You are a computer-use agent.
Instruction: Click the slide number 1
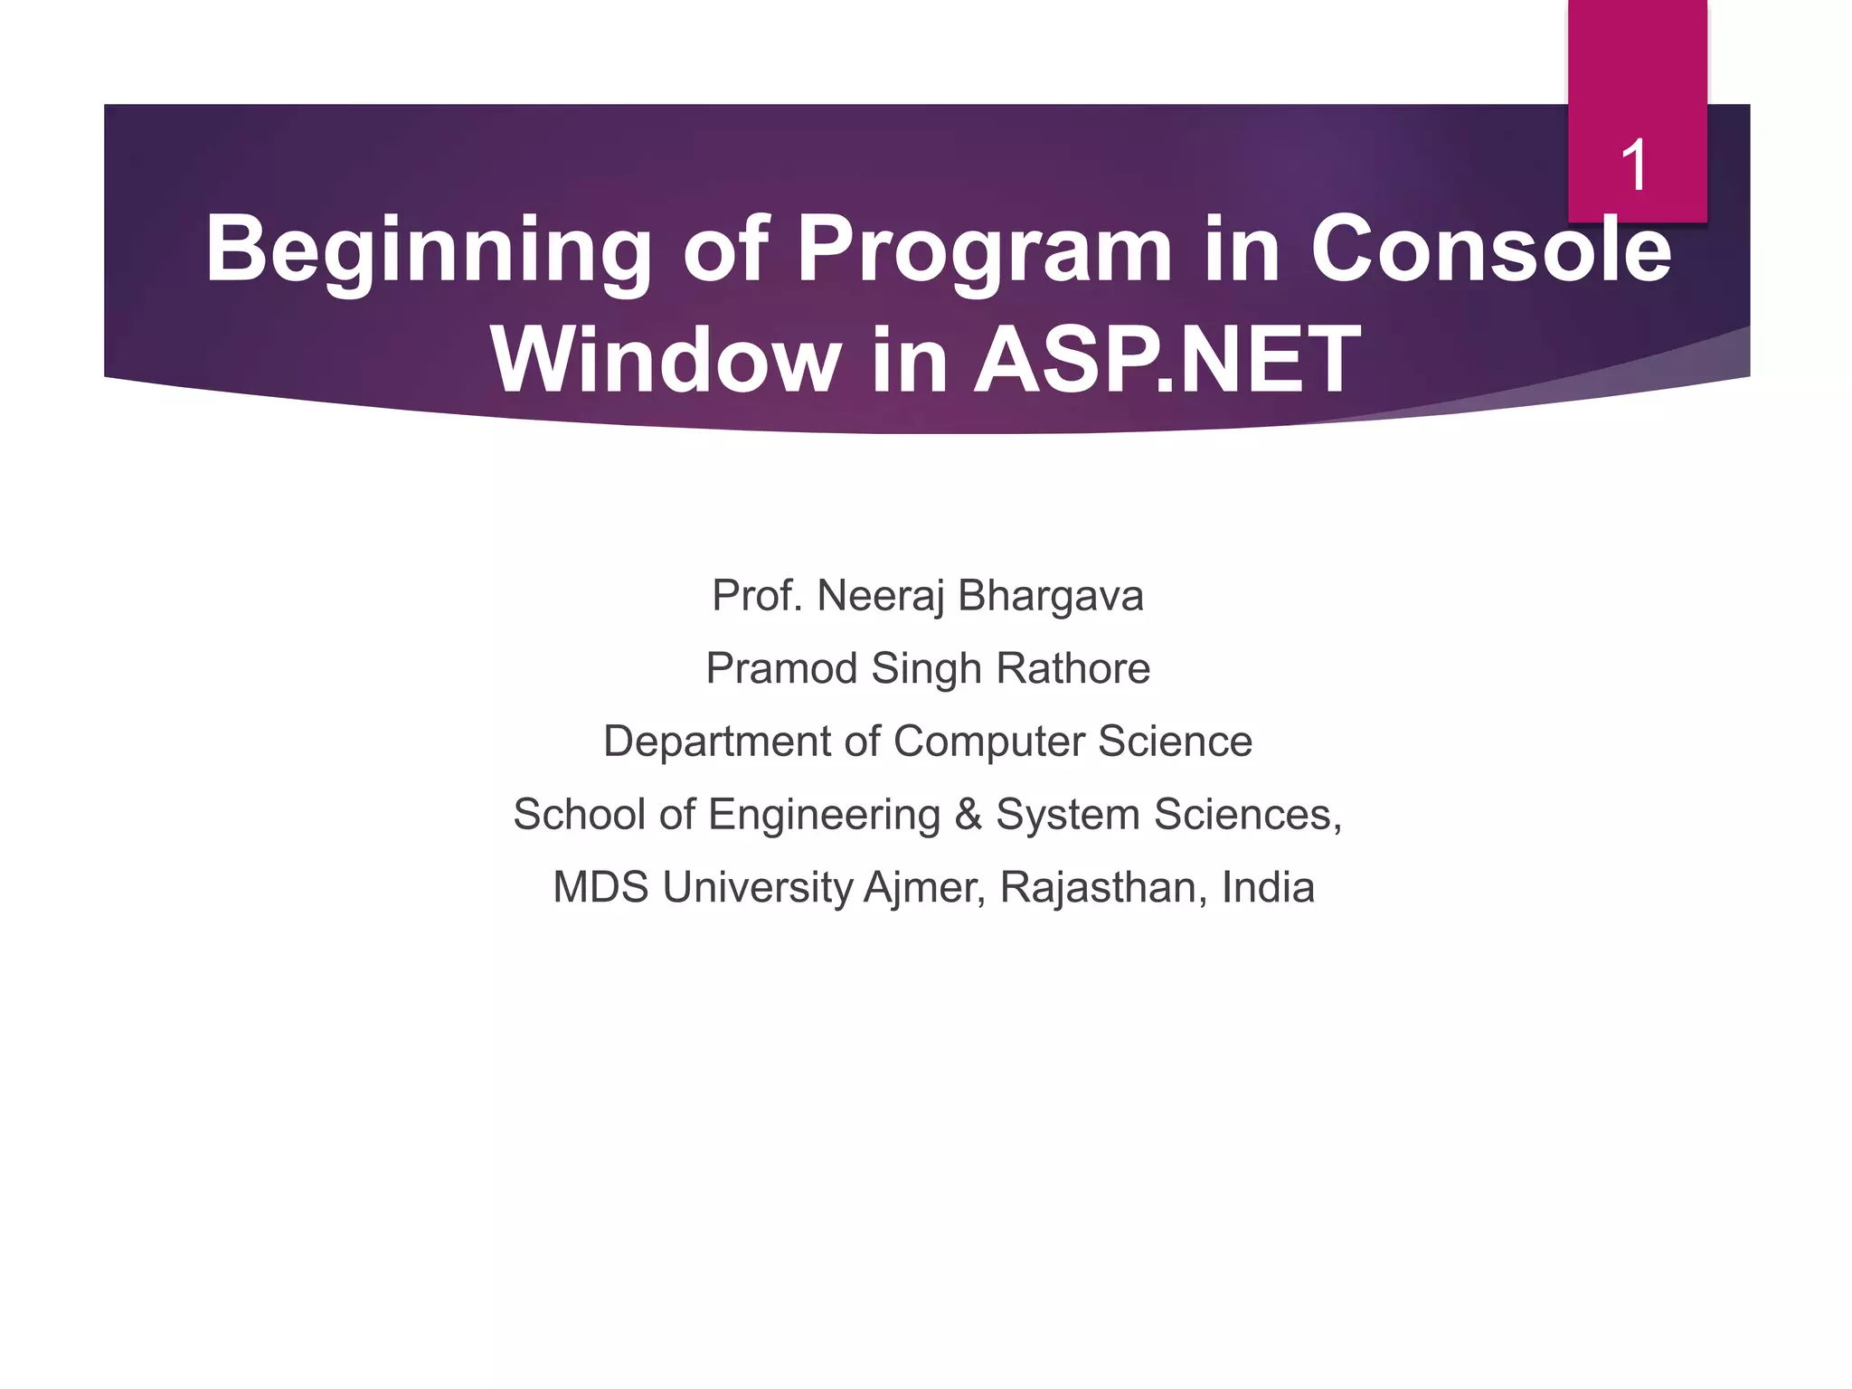click(1634, 165)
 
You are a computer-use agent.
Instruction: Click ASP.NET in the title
click(1167, 360)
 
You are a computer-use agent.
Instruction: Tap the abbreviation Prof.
click(757, 596)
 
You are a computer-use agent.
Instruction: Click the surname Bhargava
click(1050, 596)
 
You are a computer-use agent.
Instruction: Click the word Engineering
click(824, 815)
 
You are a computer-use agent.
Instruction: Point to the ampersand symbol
click(968, 815)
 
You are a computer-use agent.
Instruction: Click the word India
click(1268, 888)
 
